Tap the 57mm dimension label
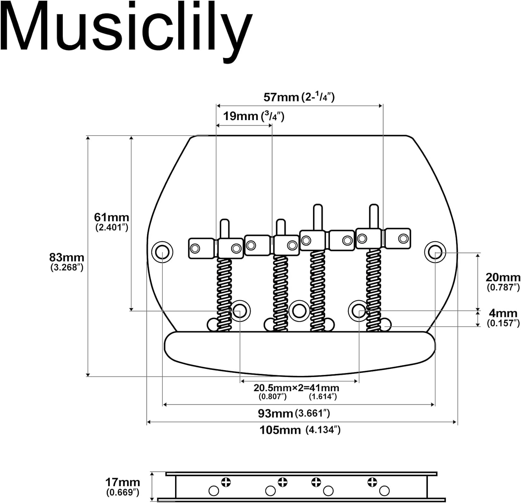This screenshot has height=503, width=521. pos(281,97)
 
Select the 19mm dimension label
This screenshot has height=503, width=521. pos(240,116)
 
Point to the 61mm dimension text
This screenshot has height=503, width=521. pos(111,217)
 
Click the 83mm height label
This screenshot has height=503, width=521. pos(67,258)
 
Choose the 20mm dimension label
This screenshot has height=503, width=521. pos(503,277)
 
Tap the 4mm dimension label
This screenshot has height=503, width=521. pos(503,313)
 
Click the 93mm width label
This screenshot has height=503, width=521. pos(275,413)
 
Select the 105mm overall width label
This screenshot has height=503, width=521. pos(280,430)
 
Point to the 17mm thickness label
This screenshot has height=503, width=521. pos(123,483)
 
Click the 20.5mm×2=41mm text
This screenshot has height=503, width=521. pos(296,388)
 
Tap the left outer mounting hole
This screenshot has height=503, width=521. pos(162,251)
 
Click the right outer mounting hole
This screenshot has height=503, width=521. pos(435,251)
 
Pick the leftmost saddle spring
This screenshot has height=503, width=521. pos(224,293)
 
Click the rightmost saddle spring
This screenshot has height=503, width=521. pos(373,290)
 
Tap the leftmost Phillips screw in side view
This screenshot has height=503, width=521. pos(226,482)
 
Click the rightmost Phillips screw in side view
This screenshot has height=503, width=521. pos(372,482)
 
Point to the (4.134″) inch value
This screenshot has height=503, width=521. pos(323,430)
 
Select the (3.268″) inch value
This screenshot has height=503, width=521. pos(67,267)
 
